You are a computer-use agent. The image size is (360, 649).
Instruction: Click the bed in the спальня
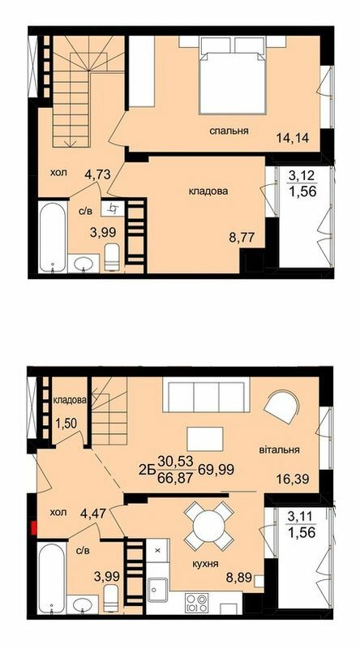pos(236,78)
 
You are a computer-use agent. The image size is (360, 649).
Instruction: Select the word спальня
pos(228,131)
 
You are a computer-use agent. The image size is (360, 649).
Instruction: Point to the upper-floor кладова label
pos(208,192)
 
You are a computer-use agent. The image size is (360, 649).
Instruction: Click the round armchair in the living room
pos(281,408)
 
